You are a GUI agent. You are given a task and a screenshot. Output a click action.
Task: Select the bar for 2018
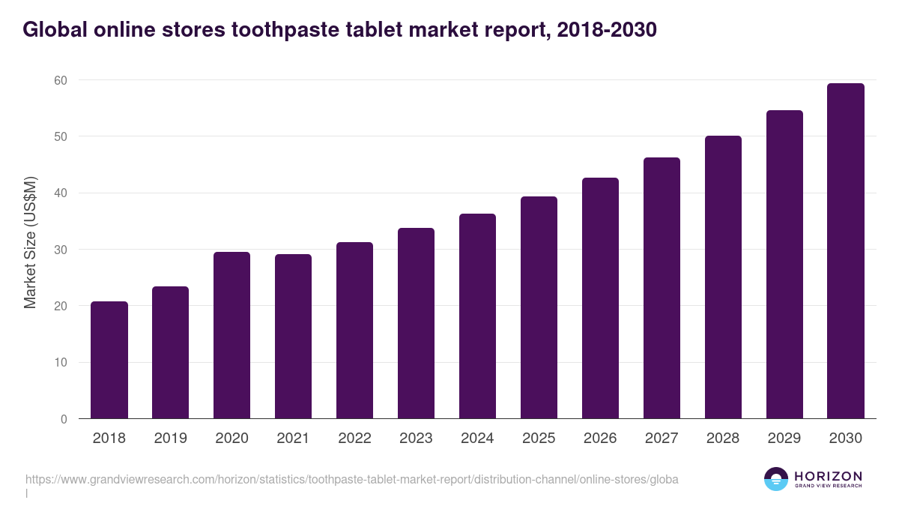109,360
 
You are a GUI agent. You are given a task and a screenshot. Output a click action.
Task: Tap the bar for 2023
416,323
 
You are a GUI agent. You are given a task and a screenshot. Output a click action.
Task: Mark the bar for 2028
723,277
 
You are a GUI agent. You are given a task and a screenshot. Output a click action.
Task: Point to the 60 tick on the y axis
60,80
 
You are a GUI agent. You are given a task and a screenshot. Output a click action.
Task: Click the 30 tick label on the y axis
60,250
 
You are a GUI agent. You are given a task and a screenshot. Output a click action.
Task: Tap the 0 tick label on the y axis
64,419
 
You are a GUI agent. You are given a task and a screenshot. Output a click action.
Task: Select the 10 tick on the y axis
60,363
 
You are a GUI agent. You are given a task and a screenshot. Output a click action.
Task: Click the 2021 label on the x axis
293,439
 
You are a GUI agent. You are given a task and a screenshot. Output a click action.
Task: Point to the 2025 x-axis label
539,439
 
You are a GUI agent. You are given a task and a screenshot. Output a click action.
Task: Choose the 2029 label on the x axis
784,439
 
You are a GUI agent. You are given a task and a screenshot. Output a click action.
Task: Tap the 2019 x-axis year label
171,439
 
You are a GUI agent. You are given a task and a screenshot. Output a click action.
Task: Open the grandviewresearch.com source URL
351,479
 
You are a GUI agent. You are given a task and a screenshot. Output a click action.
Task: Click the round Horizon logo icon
775,479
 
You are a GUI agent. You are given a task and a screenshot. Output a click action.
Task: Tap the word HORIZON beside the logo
828,476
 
